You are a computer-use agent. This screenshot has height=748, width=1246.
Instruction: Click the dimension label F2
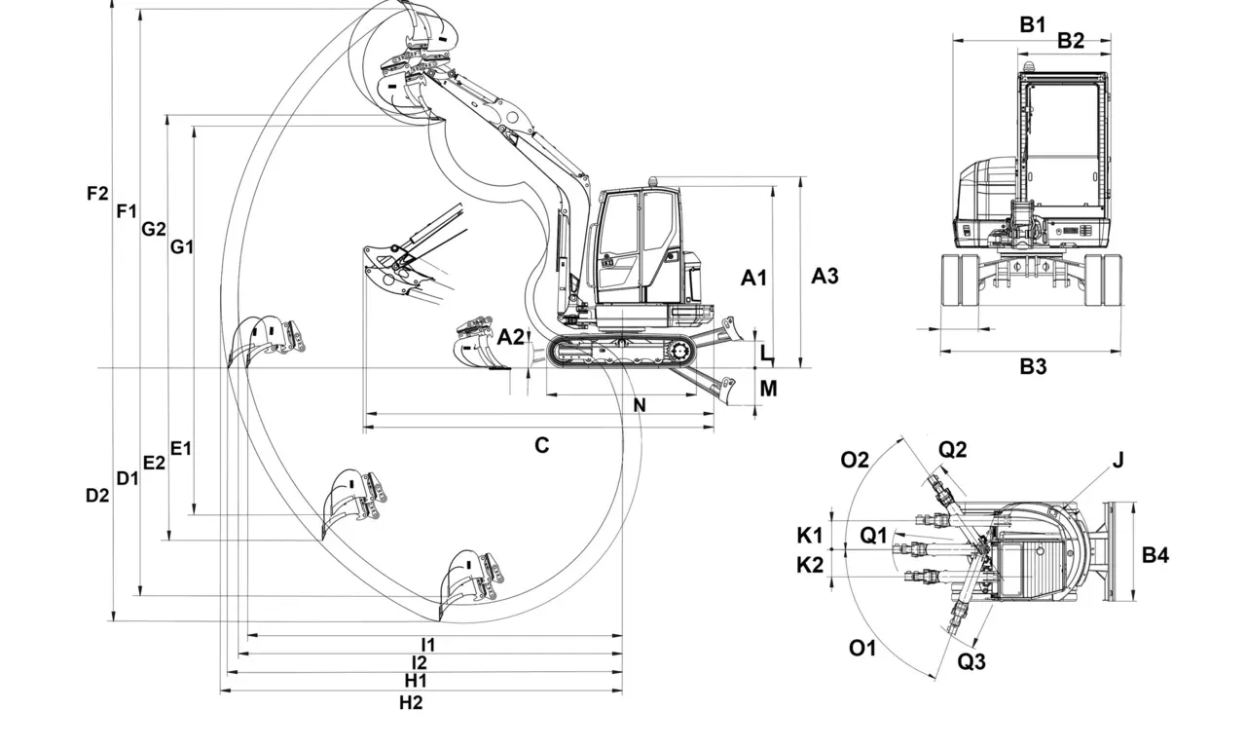click(x=96, y=193)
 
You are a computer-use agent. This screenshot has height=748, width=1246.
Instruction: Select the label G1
click(x=182, y=246)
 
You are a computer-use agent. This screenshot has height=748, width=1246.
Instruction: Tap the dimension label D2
click(x=96, y=495)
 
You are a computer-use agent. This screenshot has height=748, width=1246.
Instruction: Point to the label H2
click(x=412, y=702)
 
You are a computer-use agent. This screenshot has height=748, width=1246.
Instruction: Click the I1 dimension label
click(x=427, y=644)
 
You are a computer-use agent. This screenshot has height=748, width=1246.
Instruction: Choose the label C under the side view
click(x=541, y=445)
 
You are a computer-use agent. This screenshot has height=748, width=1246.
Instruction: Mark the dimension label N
click(x=640, y=405)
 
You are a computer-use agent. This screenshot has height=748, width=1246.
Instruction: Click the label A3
click(x=825, y=276)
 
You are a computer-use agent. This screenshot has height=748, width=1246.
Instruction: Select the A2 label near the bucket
click(x=510, y=337)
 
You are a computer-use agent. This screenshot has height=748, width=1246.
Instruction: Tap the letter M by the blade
click(x=768, y=389)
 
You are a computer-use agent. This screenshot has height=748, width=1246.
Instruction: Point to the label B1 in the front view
click(x=1033, y=24)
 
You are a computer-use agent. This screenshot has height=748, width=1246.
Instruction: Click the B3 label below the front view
click(x=1033, y=366)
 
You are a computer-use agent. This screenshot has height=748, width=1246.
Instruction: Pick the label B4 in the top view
click(x=1155, y=555)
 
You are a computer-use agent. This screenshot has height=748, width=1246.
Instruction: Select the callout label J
click(x=1118, y=460)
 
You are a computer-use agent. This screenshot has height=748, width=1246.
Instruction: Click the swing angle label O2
click(x=855, y=460)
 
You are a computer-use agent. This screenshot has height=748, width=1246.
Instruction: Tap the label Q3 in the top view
click(x=971, y=662)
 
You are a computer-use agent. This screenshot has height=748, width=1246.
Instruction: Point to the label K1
click(x=810, y=535)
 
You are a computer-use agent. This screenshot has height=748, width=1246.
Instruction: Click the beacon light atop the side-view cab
click(x=652, y=181)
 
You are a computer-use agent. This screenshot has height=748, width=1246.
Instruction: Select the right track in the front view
click(x=1103, y=280)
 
